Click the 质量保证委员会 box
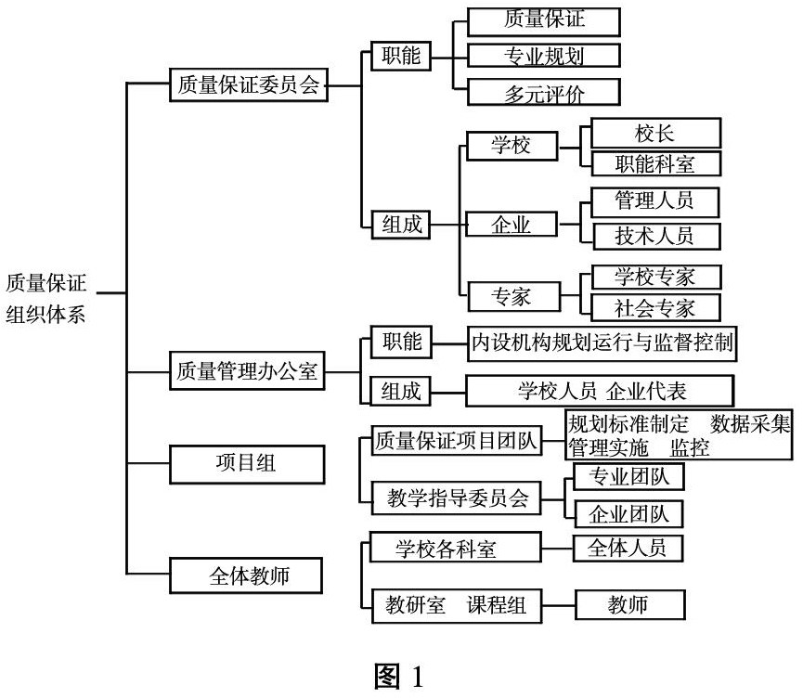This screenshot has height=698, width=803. [249, 84]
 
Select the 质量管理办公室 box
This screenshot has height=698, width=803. [247, 370]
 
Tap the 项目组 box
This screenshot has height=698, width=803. [247, 464]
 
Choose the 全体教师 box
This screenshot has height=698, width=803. [246, 575]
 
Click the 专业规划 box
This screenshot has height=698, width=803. [544, 56]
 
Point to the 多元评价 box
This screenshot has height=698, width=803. [544, 92]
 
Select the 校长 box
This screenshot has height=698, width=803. [655, 133]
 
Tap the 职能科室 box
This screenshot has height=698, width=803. [656, 164]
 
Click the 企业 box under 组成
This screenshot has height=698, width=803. [512, 225]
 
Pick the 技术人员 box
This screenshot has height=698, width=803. [657, 236]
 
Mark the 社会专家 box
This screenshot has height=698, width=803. [656, 308]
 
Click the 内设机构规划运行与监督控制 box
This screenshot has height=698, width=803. [602, 343]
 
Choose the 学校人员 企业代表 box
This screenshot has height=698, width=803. [600, 391]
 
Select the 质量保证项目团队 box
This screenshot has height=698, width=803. [457, 440]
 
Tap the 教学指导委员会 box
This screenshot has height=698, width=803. [457, 498]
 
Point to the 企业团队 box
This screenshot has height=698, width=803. [628, 513]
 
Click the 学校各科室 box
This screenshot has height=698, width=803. [455, 548]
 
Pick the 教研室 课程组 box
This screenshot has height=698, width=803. [457, 606]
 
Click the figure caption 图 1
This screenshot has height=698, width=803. [399, 676]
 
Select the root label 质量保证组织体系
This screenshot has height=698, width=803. [45, 299]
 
